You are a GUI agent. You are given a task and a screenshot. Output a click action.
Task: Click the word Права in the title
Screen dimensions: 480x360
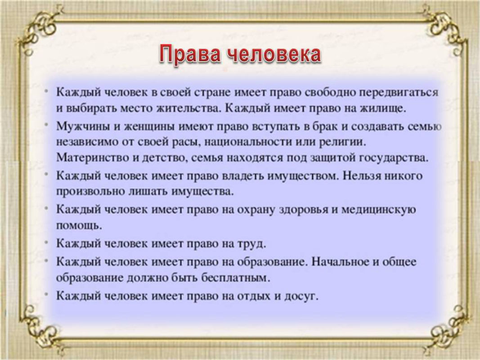click(189, 54)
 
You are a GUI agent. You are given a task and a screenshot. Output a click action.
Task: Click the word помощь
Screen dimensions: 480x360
click(79, 226)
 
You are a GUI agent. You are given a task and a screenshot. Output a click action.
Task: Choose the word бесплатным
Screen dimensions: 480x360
click(236, 278)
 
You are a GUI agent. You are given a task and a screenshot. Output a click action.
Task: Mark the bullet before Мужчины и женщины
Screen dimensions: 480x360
click(46, 124)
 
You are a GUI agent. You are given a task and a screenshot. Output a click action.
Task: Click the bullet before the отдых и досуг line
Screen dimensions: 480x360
click(46, 294)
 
